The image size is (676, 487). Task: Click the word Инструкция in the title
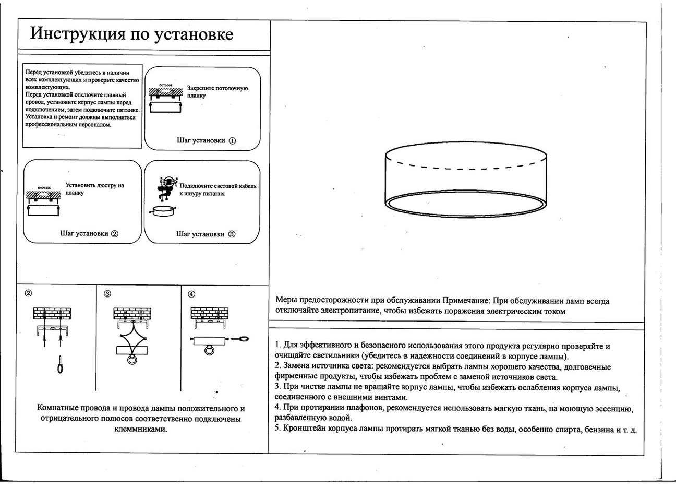click(78, 34)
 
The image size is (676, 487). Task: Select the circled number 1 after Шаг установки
click(233, 141)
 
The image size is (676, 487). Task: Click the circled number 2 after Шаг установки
click(115, 234)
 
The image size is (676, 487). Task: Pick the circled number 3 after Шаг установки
click(232, 234)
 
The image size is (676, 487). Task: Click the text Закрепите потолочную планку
click(217, 92)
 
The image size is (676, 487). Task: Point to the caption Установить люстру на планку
click(94, 189)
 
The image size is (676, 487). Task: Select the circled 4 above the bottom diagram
click(191, 294)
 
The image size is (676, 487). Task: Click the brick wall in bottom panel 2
click(52, 313)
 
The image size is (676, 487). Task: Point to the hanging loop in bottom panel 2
click(60, 364)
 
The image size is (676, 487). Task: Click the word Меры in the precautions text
click(286, 301)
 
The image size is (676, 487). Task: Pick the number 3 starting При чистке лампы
click(277, 387)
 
